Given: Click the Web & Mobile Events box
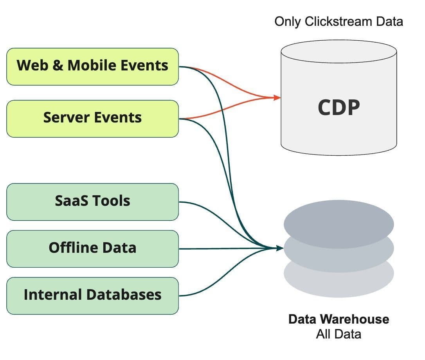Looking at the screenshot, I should pyautogui.click(x=92, y=66).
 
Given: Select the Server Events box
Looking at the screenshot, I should pyautogui.click(x=92, y=118).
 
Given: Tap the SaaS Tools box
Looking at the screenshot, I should pyautogui.click(x=92, y=202).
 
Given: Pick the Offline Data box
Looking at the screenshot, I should pyautogui.click(x=92, y=248).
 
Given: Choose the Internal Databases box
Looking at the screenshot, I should pyautogui.click(x=92, y=295).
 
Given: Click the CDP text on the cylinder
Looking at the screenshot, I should pyautogui.click(x=339, y=107).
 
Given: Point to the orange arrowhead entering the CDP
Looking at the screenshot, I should pyautogui.click(x=277, y=97).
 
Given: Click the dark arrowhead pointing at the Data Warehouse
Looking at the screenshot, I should pyautogui.click(x=280, y=248).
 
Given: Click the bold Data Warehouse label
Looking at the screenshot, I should pyautogui.click(x=339, y=319).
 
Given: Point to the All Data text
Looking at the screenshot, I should pyautogui.click(x=339, y=335).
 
